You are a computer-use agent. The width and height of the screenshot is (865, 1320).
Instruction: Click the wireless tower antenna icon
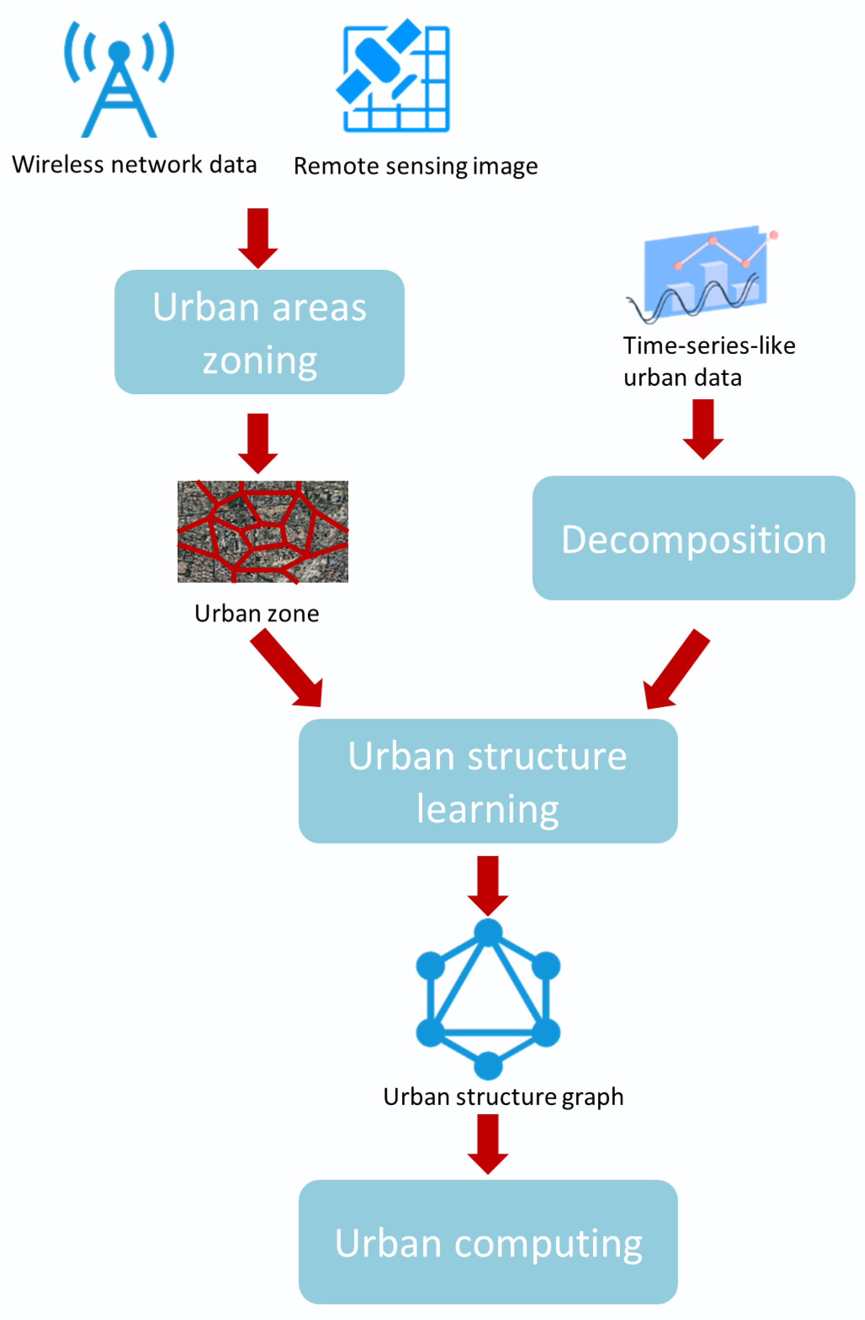tap(119, 80)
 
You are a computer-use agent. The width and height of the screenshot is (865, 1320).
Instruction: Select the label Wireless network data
tap(134, 165)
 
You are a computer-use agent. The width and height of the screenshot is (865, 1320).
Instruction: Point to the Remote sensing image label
tap(415, 166)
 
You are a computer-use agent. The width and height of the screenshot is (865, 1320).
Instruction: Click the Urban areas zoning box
tap(259, 332)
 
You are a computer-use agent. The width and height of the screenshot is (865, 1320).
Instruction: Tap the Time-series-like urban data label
tap(708, 361)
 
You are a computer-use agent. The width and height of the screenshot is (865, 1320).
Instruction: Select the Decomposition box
tap(693, 538)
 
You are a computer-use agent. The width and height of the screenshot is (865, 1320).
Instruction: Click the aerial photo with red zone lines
tap(262, 531)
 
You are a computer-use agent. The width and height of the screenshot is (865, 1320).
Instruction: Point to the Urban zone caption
tap(257, 613)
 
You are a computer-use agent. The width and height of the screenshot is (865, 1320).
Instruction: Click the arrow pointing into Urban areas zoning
tap(258, 237)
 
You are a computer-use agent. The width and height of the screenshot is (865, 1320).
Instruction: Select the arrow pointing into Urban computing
tap(487, 1144)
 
